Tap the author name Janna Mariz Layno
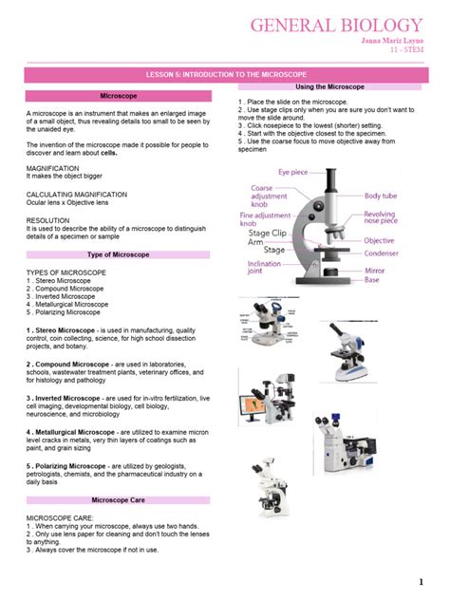click(x=391, y=42)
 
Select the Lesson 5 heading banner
click(x=226, y=72)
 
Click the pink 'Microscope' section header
click(x=119, y=96)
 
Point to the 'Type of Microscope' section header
click(x=119, y=254)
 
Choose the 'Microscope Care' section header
click(x=119, y=498)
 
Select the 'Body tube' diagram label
click(x=384, y=195)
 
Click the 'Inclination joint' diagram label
click(x=269, y=268)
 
